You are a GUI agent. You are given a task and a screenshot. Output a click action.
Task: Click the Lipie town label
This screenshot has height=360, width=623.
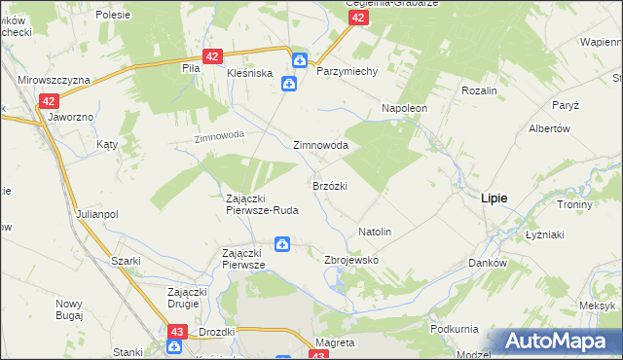(x=494, y=198)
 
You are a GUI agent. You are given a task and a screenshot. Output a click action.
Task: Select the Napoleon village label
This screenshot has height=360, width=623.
(x=405, y=108)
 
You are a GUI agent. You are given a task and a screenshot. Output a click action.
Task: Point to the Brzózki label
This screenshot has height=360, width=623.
(x=330, y=185)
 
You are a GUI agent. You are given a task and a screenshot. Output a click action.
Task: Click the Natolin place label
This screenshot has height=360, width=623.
(x=375, y=233)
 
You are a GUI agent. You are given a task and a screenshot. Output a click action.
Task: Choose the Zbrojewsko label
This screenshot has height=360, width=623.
(x=350, y=261)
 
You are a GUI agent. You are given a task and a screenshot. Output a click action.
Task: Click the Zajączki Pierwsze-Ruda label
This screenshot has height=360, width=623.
(x=262, y=203)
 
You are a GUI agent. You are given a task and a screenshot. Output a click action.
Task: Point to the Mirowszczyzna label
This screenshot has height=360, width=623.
(x=55, y=80)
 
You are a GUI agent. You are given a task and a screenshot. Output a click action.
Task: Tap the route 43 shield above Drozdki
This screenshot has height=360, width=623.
(x=176, y=333)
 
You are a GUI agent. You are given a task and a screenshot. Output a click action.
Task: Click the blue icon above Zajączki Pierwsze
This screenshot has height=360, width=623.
(x=281, y=243)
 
